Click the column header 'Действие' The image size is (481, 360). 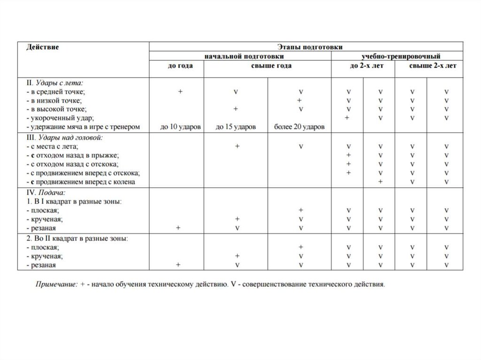[x=43, y=47]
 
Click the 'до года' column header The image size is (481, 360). [x=180, y=66]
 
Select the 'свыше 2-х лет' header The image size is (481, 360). [x=432, y=66]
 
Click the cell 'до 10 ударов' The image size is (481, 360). [x=180, y=127]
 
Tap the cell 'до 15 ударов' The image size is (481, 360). [x=236, y=127]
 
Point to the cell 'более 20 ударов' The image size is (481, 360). [x=299, y=127]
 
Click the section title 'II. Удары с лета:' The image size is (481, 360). [x=55, y=83]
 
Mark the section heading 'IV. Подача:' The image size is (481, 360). [x=46, y=192]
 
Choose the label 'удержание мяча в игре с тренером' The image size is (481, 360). [x=84, y=127]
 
